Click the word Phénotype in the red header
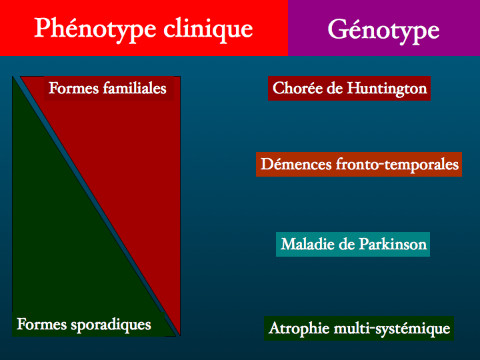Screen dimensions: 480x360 [x=95, y=30]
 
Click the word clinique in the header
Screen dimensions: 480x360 [x=208, y=30]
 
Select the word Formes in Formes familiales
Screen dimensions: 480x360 [x=74, y=88]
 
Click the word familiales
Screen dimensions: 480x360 [x=135, y=88]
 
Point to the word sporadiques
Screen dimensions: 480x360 [x=111, y=325]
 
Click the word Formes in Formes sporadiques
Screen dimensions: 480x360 [x=41, y=324]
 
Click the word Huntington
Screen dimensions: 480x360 [x=387, y=89]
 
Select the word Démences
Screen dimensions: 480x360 [x=296, y=164]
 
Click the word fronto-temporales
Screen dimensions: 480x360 [x=397, y=165]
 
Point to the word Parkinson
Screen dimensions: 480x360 [x=393, y=244]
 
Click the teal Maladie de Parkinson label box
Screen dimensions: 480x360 [x=353, y=244]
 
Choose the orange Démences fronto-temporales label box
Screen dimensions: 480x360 [x=359, y=165]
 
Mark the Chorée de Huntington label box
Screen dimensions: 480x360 [x=349, y=89]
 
